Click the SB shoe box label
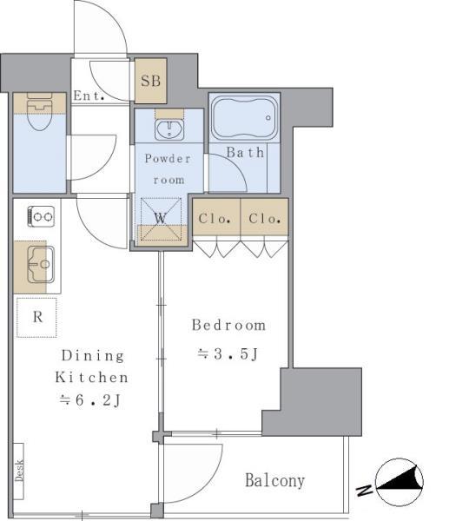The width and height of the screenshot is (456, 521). (x=150, y=81)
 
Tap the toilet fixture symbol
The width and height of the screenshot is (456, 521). (x=40, y=112)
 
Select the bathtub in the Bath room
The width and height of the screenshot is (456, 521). (x=244, y=117)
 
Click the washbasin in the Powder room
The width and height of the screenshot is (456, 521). (x=169, y=130)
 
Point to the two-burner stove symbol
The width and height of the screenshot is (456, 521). (x=41, y=216)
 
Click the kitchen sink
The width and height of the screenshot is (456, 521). (x=41, y=265)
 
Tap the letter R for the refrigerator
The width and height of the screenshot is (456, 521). (x=37, y=317)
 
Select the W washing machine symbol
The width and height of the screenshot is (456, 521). (x=161, y=219)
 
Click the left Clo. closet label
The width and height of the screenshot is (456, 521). (x=215, y=219)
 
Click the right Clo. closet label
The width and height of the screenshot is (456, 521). (x=265, y=219)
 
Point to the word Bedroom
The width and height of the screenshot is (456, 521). (x=228, y=325)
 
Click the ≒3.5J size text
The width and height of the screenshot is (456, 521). (x=228, y=354)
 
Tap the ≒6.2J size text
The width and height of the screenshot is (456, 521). (x=89, y=400)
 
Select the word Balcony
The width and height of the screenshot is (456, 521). (x=274, y=480)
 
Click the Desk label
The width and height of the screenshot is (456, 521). (x=19, y=471)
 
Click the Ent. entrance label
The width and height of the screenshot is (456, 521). (x=89, y=96)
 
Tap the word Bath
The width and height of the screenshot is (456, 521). (x=245, y=153)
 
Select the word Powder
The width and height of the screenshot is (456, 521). (x=168, y=159)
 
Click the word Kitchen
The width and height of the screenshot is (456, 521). (x=92, y=378)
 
